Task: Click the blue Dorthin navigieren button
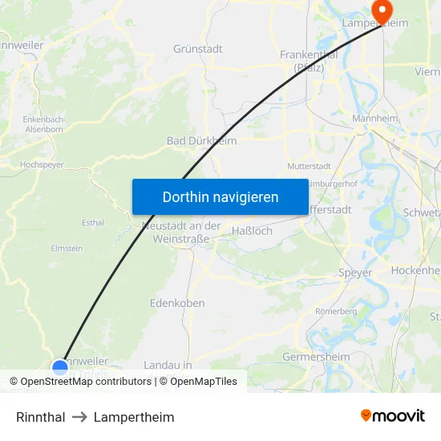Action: coord(220,196)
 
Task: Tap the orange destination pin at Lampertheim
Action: coord(381,10)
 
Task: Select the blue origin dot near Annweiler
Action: coord(60,367)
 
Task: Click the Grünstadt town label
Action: coord(198,49)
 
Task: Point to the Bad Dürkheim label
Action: coord(201,141)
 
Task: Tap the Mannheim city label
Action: coord(375,119)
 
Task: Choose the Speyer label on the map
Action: coord(355,273)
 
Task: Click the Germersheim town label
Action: coord(316,357)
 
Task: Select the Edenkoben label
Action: coord(177,303)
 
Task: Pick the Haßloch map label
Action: coord(252,231)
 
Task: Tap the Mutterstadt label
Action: coord(309,167)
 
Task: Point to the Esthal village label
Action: coord(93,223)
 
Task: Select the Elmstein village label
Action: coord(67,249)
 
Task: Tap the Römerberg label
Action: coord(336,310)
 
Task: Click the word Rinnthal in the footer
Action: coord(40,417)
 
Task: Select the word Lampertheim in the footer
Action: coord(134,417)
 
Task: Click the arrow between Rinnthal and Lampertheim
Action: coord(79,417)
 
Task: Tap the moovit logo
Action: coord(393,415)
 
